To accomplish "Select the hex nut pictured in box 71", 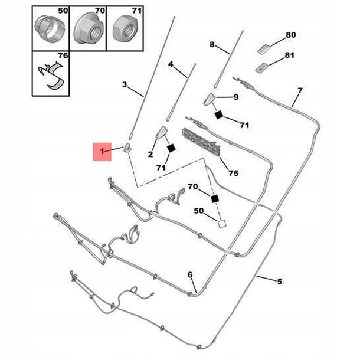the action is pyautogui.click(x=125, y=29).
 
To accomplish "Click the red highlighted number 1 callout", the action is pyautogui.click(x=102, y=152).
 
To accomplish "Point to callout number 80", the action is pyautogui.click(x=291, y=35).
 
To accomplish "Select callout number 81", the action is pyautogui.click(x=290, y=55).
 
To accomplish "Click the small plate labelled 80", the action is pyautogui.click(x=264, y=48).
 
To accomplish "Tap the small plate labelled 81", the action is pyautogui.click(x=261, y=68).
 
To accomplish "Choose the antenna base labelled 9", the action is pyautogui.click(x=210, y=99).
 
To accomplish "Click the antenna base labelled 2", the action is pyautogui.click(x=162, y=132).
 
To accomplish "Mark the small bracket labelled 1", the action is pyautogui.click(x=128, y=148).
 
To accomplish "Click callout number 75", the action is pyautogui.click(x=233, y=173).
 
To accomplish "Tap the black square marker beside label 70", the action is pyautogui.click(x=215, y=199).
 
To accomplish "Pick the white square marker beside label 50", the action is pyautogui.click(x=222, y=224).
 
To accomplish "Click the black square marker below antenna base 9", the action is pyautogui.click(x=219, y=114).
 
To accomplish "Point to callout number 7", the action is pyautogui.click(x=300, y=90).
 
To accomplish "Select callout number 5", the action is pyautogui.click(x=279, y=282).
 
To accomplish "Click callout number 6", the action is pyautogui.click(x=190, y=274).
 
